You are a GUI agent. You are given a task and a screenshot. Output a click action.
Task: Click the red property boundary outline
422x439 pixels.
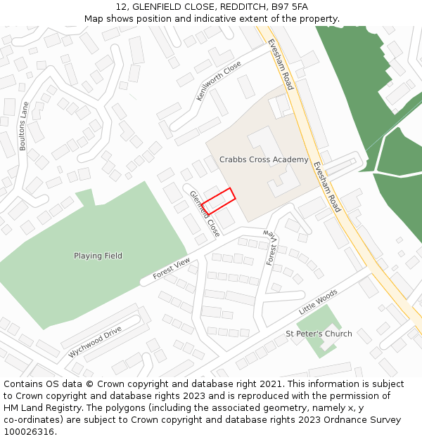pos(217,202)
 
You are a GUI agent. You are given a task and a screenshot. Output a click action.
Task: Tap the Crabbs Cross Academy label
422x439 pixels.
pos(264,159)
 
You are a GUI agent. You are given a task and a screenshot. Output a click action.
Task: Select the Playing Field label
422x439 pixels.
pos(98,256)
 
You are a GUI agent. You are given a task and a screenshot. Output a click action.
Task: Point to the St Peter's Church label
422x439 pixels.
pos(319,334)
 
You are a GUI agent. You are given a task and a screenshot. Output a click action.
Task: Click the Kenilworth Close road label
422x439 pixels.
pos(219,81)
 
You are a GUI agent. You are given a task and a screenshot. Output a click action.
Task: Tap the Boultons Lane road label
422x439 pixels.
pos(24,126)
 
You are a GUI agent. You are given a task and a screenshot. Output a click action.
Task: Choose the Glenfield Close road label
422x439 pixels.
pos(205,213)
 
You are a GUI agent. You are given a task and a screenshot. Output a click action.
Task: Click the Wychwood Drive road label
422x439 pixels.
pos(95,342)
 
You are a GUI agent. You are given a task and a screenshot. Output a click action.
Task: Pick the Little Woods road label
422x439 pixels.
pos(318,301)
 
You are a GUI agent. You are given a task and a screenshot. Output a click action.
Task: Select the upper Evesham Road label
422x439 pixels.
pos(280,64)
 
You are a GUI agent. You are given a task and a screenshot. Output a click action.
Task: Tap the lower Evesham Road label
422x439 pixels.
pos(327,187)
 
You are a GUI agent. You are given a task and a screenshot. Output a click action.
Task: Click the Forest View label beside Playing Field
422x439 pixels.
pos(172,269)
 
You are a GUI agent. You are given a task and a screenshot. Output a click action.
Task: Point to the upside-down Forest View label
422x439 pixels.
pos(271,247)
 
